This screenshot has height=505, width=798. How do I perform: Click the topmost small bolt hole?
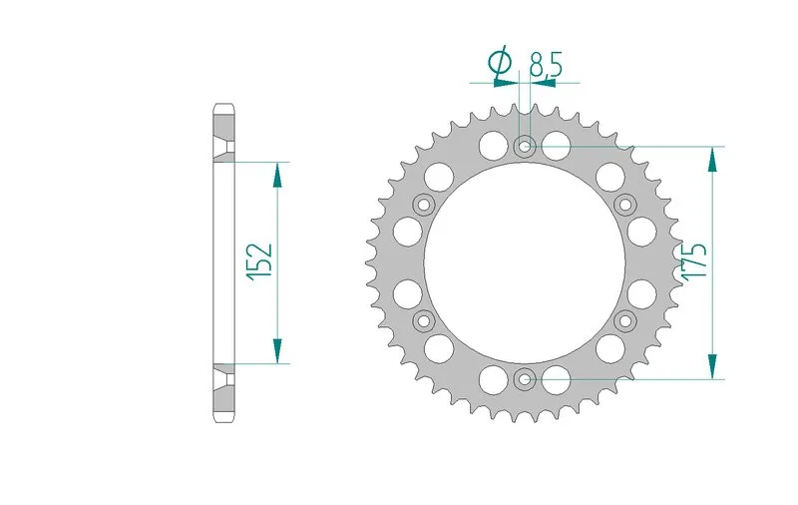(525, 147)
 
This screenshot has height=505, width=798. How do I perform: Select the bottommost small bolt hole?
(525, 378)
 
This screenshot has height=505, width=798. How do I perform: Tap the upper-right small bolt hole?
(625, 205)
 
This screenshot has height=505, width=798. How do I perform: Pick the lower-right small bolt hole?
(625, 320)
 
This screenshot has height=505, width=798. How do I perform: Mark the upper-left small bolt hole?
(424, 205)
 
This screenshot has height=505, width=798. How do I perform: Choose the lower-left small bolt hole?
(424, 320)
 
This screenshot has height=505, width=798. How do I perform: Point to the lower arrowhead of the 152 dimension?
(277, 350)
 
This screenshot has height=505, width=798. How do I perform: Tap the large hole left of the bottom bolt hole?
(492, 378)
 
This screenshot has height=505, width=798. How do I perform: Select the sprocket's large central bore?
(525, 262)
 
